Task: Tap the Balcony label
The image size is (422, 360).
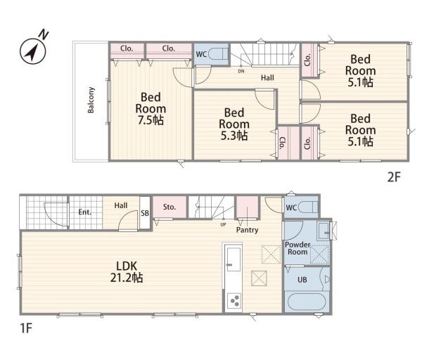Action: [x=91, y=100]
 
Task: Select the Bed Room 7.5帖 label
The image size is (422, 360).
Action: [x=151, y=109]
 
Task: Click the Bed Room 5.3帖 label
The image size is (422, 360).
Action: [x=234, y=124]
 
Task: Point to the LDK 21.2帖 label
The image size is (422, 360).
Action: [x=127, y=271]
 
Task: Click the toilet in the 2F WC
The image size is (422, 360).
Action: [x=218, y=54]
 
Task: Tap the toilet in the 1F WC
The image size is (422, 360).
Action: [x=308, y=207]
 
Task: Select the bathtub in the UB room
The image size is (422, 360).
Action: [x=307, y=302]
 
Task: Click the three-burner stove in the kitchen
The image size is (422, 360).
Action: [x=234, y=300]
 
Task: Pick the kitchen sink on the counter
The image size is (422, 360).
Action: [x=234, y=259]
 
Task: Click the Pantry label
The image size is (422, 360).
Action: [x=247, y=230]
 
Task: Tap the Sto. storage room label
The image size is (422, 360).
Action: [x=170, y=207]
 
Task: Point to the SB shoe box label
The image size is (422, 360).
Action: [x=145, y=213]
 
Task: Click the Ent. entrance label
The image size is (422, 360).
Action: [x=85, y=212]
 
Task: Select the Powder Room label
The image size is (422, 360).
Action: [x=298, y=248]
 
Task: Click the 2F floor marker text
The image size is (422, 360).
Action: [x=394, y=177]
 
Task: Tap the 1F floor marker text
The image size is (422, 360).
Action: [x=26, y=328]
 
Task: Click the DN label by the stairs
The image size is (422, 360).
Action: [x=241, y=71]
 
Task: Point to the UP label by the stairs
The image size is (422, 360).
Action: [x=223, y=224]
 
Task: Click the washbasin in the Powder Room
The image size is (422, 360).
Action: [x=323, y=231]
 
